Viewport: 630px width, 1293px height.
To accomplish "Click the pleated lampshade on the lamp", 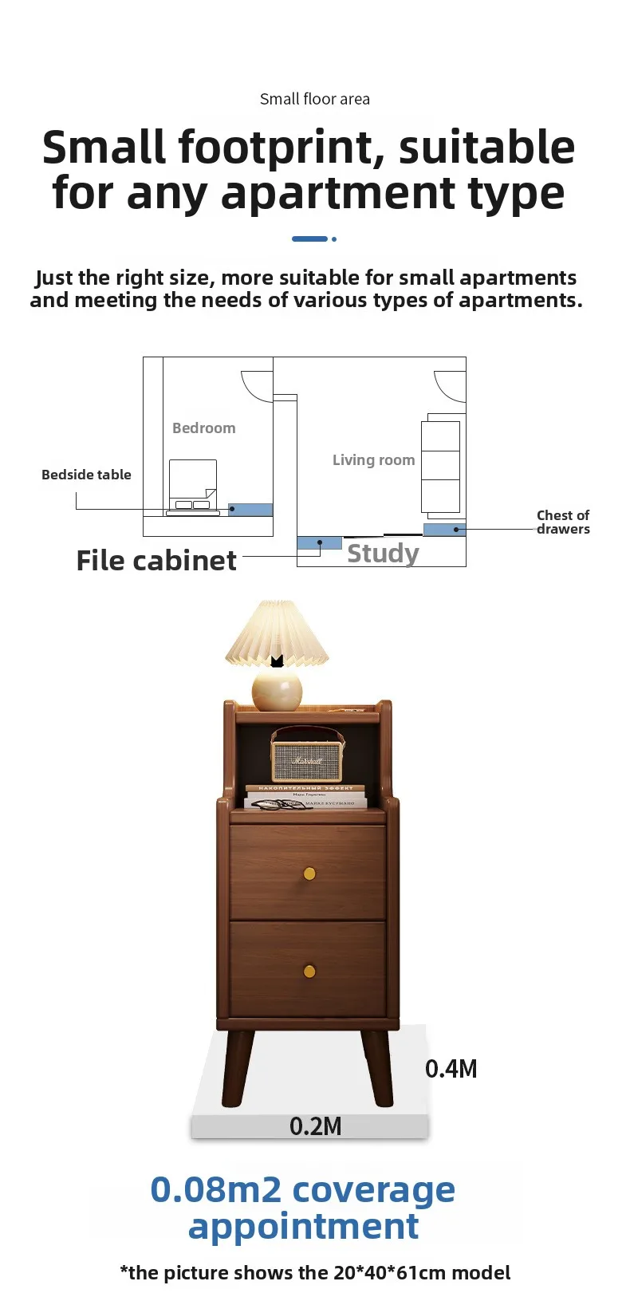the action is [277, 634].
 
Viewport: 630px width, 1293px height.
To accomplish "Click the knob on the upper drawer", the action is [309, 874].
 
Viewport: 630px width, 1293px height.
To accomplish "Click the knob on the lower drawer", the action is [309, 971].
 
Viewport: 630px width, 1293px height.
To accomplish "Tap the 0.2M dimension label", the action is [315, 1126].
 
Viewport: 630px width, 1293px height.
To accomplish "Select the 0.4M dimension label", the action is [451, 1069].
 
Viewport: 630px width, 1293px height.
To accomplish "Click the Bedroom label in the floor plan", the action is [204, 428].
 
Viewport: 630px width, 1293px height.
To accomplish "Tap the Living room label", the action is [373, 460].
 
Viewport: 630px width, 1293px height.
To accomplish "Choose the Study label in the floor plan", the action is [383, 553].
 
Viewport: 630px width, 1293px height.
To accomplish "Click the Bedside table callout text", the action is [86, 475].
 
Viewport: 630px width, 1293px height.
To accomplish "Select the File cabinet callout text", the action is [156, 561].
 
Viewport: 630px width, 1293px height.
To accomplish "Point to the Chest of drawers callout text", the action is [563, 522].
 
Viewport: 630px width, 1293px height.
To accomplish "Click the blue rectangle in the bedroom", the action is [250, 510].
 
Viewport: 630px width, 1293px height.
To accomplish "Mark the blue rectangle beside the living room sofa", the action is [444, 530].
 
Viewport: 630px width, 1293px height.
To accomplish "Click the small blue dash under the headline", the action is [309, 238].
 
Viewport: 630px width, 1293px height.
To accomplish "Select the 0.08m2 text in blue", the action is [215, 1189].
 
